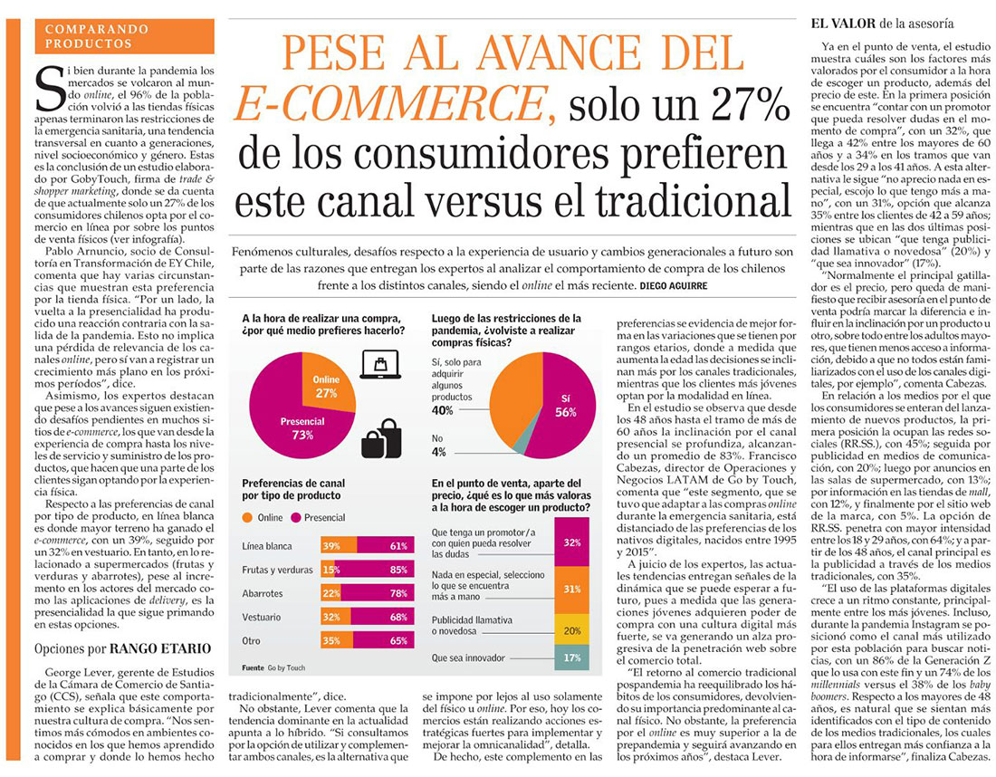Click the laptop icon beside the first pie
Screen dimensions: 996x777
coord(380,365)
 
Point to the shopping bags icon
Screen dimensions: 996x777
coord(381,438)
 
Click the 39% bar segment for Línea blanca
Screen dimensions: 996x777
coord(339,546)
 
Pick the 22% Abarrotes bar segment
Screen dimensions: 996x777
coord(330,593)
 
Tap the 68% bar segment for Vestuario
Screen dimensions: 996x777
coord(382,617)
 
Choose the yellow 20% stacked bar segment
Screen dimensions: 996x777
coord(571,631)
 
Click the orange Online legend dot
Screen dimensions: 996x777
coord(247,518)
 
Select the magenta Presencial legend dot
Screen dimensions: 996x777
coord(295,518)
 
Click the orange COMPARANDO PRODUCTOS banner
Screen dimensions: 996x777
coord(125,36)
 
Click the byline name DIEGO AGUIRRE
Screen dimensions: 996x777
coord(674,286)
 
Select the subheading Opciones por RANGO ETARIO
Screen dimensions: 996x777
coord(122,648)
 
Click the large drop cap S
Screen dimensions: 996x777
coord(50,88)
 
